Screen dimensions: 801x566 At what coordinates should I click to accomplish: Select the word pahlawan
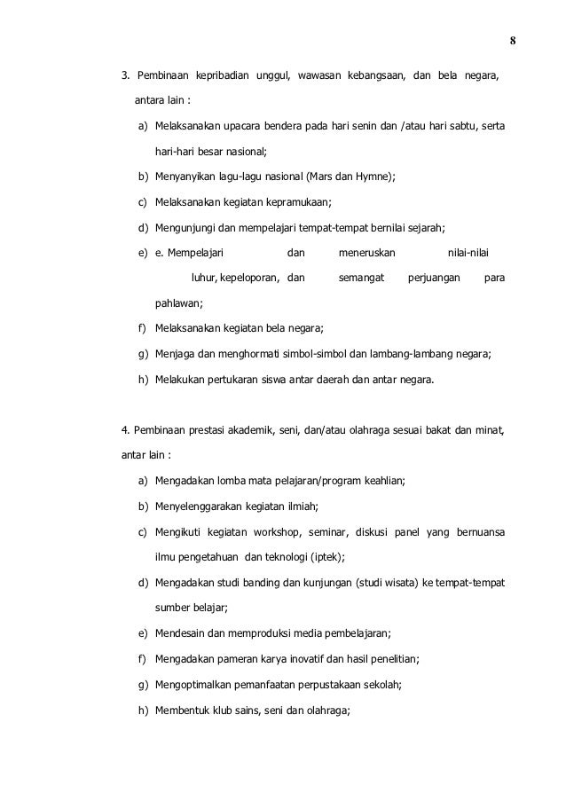tap(177, 303)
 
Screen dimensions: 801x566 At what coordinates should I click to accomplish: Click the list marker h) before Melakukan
tap(142, 380)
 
